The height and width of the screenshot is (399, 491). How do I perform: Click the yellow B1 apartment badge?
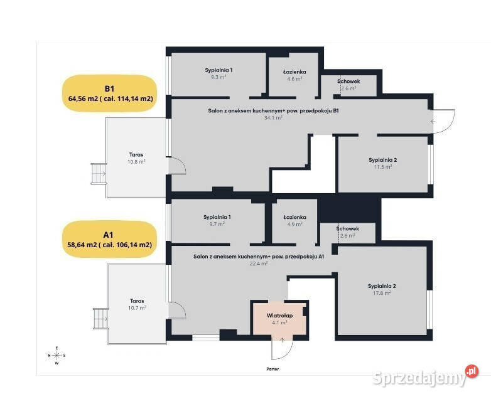pos(110,93)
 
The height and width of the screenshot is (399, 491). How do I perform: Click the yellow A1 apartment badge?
pos(110,240)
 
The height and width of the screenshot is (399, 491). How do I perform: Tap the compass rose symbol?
pos(57,356)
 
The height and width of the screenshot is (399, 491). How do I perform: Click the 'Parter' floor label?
pos(272,369)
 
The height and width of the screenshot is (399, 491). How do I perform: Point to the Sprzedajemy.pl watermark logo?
pos(426,376)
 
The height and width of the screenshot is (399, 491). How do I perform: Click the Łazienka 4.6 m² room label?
pos(294,75)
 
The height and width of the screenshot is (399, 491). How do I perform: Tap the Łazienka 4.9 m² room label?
pos(294,220)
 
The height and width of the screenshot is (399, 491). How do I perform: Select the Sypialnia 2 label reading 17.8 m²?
pos(382,289)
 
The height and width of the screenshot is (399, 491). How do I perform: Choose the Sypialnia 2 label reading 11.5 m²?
pos(382,163)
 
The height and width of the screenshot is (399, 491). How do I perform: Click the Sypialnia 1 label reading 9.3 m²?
pos(219,73)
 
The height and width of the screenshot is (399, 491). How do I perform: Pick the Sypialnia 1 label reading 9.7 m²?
pos(217,220)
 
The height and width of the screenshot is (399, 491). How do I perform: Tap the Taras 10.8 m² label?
pos(136,158)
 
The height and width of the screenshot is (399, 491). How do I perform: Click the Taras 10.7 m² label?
pos(137,304)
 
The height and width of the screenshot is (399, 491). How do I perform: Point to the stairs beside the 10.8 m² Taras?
pos(99,174)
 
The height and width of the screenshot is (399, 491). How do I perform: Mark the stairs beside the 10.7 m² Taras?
pos(101,319)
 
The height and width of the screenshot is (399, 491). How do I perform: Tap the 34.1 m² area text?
pos(273,118)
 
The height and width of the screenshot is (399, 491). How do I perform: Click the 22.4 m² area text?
pos(258,263)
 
